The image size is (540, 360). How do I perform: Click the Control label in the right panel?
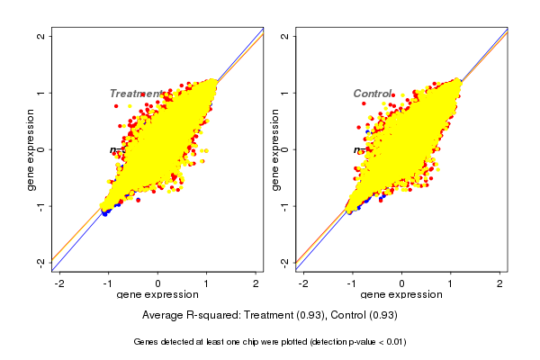[x=372, y=94]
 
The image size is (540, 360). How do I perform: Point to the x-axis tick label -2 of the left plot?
[x=60, y=283]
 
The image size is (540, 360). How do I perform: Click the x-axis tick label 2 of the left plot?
[x=256, y=283]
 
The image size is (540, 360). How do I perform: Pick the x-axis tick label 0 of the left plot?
[x=158, y=283]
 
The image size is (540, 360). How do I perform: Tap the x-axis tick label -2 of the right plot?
[x=303, y=283]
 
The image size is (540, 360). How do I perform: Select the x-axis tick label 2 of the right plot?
[x=499, y=283]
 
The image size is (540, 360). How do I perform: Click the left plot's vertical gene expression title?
[x=31, y=149]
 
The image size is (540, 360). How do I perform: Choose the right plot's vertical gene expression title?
[x=274, y=149]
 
